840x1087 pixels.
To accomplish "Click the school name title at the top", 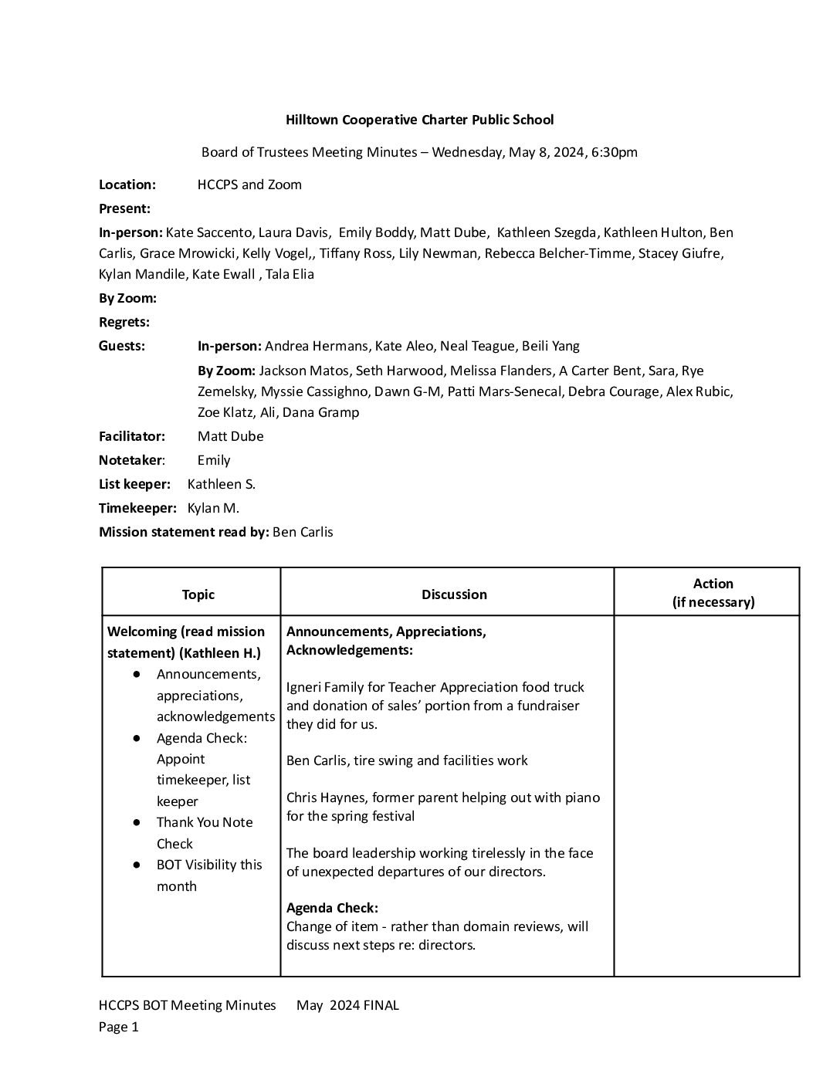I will click(x=419, y=120).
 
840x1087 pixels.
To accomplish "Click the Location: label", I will click(x=127, y=185).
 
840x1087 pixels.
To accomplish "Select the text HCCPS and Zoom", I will click(x=249, y=185).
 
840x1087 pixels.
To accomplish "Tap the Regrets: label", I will click(x=124, y=322).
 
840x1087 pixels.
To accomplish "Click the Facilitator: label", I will click(x=132, y=436).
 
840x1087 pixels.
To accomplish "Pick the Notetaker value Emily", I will click(x=214, y=460).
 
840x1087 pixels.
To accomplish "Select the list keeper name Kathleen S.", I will click(x=222, y=484).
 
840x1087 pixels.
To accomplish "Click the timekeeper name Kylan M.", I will click(x=213, y=508).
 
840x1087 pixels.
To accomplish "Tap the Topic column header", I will click(x=198, y=594).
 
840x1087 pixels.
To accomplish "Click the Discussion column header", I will click(x=454, y=594).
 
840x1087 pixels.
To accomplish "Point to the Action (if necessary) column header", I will click(x=713, y=593).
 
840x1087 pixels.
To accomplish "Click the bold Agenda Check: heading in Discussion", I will click(x=332, y=908).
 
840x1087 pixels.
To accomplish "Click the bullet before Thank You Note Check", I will click(x=137, y=823).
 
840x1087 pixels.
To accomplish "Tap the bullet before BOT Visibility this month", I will click(x=137, y=865).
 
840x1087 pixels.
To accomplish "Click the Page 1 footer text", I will click(x=119, y=1027).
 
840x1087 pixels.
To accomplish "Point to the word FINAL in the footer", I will click(x=381, y=1005).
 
